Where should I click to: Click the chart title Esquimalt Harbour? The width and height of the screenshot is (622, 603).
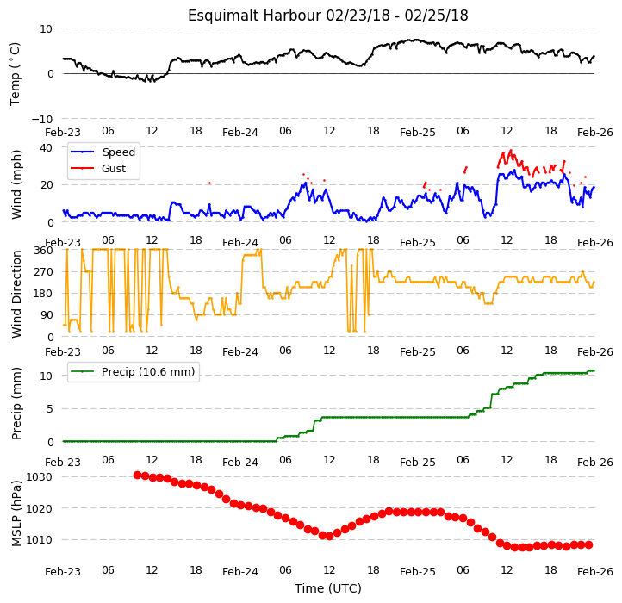pyautogui.click(x=254, y=16)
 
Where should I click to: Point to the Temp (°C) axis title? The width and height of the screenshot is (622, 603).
pyautogui.click(x=15, y=74)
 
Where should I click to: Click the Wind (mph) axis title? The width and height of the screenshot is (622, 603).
pyautogui.click(x=16, y=184)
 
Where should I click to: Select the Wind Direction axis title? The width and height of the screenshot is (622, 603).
pyautogui.click(x=16, y=294)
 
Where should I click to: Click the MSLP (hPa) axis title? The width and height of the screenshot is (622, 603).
pyautogui.click(x=16, y=513)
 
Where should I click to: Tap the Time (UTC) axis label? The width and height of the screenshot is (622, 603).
pyautogui.click(x=328, y=588)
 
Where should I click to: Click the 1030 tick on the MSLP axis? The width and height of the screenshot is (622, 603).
pyautogui.click(x=39, y=477)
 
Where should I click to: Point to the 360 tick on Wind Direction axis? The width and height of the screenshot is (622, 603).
pyautogui.click(x=43, y=251)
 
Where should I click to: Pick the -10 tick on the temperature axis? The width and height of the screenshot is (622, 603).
pyautogui.click(x=41, y=119)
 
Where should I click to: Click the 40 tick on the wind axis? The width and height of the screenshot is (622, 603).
pyautogui.click(x=46, y=148)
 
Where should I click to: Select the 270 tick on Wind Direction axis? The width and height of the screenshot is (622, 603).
pyautogui.click(x=43, y=272)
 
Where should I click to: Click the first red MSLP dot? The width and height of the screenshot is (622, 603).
pyautogui.click(x=137, y=475)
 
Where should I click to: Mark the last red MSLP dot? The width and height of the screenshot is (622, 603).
pyautogui.click(x=589, y=545)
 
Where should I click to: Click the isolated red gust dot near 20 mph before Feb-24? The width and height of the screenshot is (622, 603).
pyautogui.click(x=210, y=183)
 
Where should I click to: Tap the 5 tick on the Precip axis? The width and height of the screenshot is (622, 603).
pyautogui.click(x=50, y=409)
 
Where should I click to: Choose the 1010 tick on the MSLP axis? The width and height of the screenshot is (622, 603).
pyautogui.click(x=39, y=540)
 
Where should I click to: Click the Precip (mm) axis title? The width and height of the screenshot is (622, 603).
pyautogui.click(x=16, y=404)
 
